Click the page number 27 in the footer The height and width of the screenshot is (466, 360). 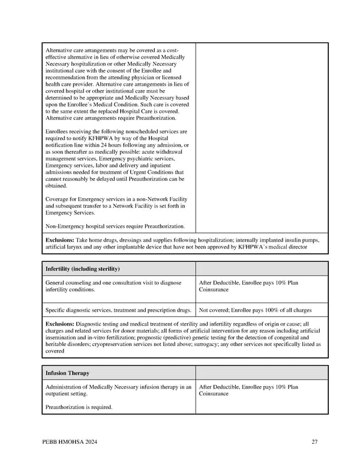[x=314, y=442]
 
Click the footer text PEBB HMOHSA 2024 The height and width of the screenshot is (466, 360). [x=70, y=442]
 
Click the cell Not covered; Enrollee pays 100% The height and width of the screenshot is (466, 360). [x=255, y=310]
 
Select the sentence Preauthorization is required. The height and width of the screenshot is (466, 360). [x=79, y=407]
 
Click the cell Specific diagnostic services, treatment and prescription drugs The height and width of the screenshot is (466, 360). [x=118, y=310]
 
